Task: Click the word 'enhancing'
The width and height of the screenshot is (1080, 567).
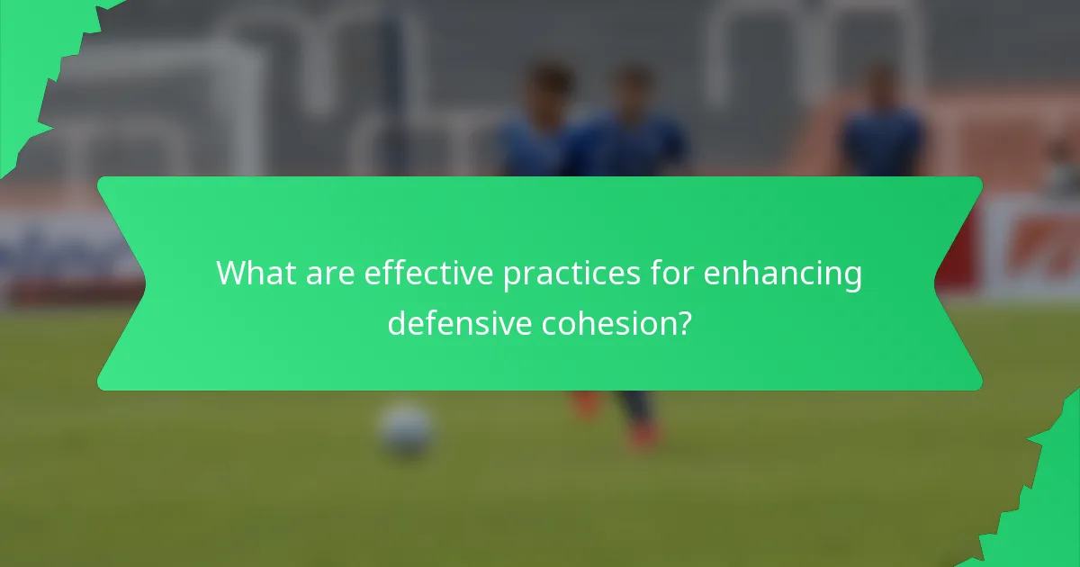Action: pyautogui.click(x=782, y=274)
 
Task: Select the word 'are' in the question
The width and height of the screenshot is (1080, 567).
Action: pyautogui.click(x=328, y=274)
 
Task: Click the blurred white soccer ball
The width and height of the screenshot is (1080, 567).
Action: pyautogui.click(x=406, y=429)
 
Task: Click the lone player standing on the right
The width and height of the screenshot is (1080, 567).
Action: pyautogui.click(x=881, y=126)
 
